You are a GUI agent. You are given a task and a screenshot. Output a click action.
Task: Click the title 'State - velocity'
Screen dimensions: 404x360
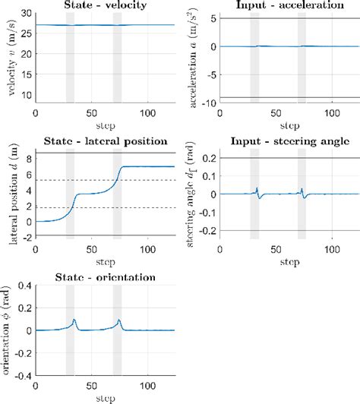pyautogui.click(x=105, y=6)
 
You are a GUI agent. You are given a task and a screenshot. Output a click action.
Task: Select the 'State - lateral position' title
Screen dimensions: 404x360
pyautogui.click(x=105, y=144)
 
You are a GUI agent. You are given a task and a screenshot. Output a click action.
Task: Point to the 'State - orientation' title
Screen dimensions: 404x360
pyautogui.click(x=105, y=278)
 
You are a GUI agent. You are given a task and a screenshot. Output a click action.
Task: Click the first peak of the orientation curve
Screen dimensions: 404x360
pyautogui.click(x=74, y=320)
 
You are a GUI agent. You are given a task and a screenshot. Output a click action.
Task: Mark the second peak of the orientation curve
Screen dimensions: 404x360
pyautogui.click(x=118, y=320)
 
